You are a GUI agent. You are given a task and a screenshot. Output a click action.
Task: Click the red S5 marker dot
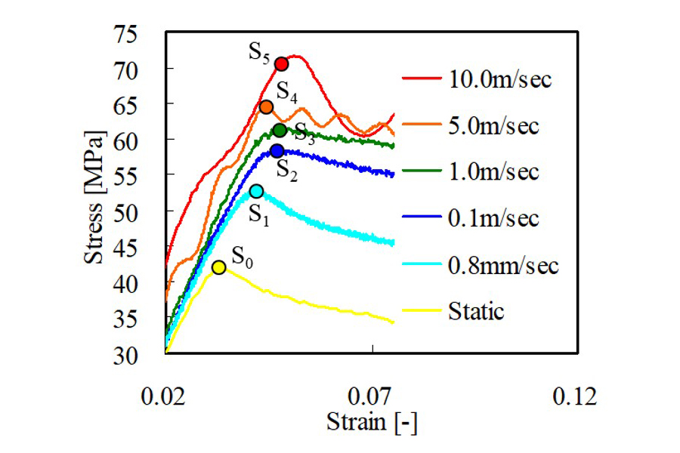point(281,64)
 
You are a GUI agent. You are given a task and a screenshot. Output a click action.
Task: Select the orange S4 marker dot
point(266,106)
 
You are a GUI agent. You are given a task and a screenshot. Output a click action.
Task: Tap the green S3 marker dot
point(280,130)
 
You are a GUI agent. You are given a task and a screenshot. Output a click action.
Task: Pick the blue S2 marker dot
point(277,151)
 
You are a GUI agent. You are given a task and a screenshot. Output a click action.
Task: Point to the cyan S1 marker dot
point(256,191)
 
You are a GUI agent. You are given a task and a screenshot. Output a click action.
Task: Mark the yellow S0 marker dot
point(218,267)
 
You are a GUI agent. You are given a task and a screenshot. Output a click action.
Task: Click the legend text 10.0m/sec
point(500,79)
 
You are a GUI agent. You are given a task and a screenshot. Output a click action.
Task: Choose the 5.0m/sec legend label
point(494,125)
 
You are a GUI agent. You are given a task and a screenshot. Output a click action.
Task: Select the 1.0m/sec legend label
point(494,171)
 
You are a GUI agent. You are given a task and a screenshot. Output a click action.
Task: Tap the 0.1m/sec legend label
point(494,218)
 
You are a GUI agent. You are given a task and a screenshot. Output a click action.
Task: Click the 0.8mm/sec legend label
point(503,265)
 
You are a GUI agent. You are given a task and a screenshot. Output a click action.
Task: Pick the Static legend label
point(476,310)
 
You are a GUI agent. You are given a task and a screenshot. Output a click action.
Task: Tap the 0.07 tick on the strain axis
point(372,396)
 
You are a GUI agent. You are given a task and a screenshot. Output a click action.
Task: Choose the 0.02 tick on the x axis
point(165,396)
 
